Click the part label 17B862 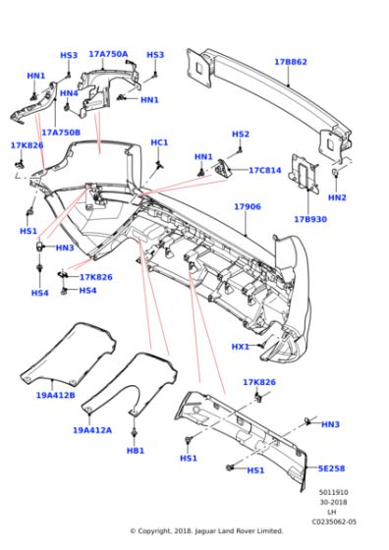pyautogui.click(x=291, y=62)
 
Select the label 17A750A pyautogui.click(x=108, y=54)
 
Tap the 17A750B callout pyautogui.click(x=61, y=132)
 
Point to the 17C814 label pyautogui.click(x=265, y=170)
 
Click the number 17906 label pyautogui.click(x=247, y=207)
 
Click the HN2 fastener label pyautogui.click(x=337, y=197)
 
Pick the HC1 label pyautogui.click(x=159, y=142)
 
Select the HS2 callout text pyautogui.click(x=241, y=134)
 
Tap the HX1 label pyautogui.click(x=241, y=346)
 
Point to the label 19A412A pyautogui.click(x=91, y=429)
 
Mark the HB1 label pyautogui.click(x=136, y=450)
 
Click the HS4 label pyautogui.click(x=39, y=293)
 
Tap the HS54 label pyautogui.click(x=87, y=290)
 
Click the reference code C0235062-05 pyautogui.click(x=333, y=522)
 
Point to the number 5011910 pyautogui.click(x=334, y=491)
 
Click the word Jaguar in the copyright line pyautogui.click(x=214, y=531)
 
